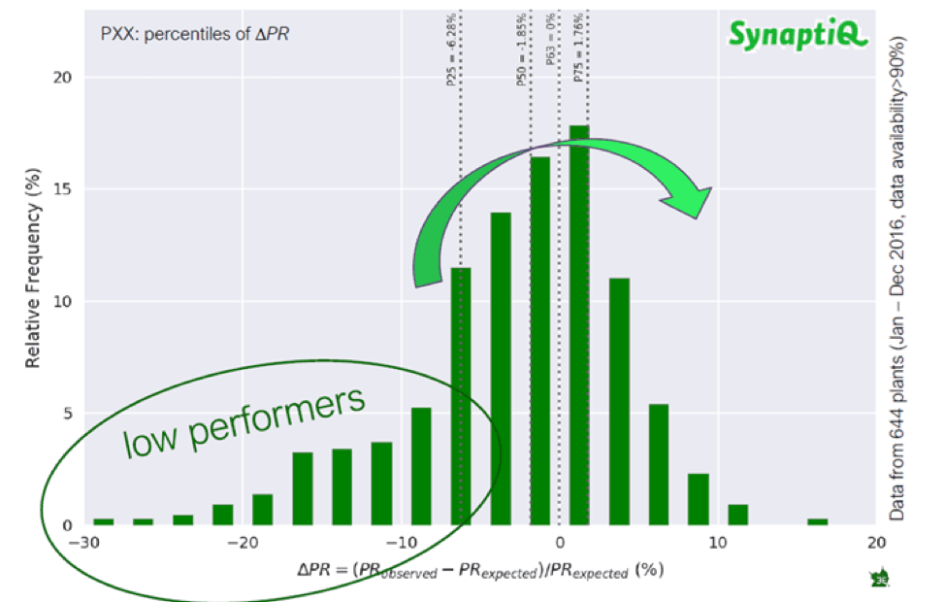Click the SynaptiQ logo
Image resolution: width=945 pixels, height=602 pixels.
point(798,37)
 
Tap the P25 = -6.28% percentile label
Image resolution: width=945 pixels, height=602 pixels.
point(452,60)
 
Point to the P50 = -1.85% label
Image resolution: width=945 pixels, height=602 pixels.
point(521,60)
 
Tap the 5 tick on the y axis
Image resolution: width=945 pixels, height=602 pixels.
point(67,414)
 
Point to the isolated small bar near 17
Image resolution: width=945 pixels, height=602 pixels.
point(817,521)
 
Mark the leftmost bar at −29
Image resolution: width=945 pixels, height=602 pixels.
point(103,521)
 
